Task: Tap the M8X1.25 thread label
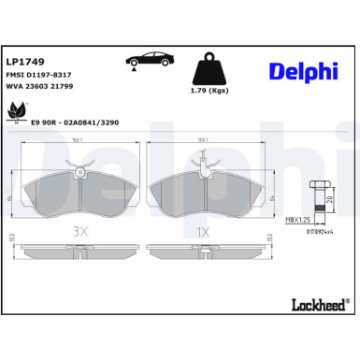coord(300,222)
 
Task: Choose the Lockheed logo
coord(315,330)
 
